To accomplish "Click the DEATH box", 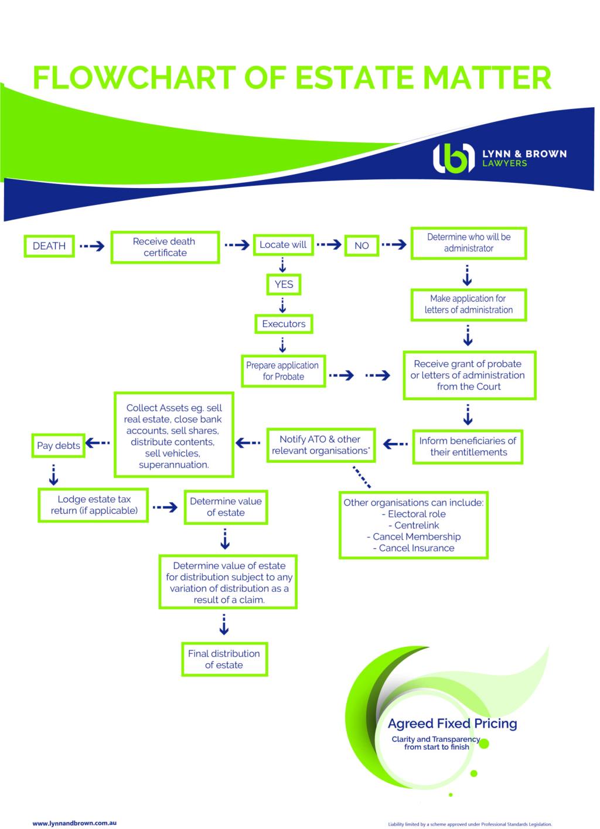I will coord(49,246).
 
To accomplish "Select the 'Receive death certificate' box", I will coord(165,247).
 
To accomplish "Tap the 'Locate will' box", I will coord(283,245).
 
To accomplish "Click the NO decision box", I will coord(362,246).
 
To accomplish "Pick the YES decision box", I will coord(284,284).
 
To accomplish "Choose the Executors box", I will coord(284,323).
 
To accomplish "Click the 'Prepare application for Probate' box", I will coord(283,371).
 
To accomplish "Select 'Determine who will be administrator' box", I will coord(468,243).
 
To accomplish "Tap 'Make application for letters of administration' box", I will coord(468,304).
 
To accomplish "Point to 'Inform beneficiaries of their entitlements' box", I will coord(468,446).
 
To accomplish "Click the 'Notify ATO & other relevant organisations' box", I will coord(320,445).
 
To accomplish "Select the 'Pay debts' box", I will coord(58,446).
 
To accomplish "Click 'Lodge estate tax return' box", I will coord(94,505).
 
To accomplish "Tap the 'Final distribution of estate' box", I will coord(224,659).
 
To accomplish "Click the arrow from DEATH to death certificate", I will coord(92,246).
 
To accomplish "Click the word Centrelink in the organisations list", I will coord(417,526).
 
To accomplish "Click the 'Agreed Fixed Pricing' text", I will coord(452,724).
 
